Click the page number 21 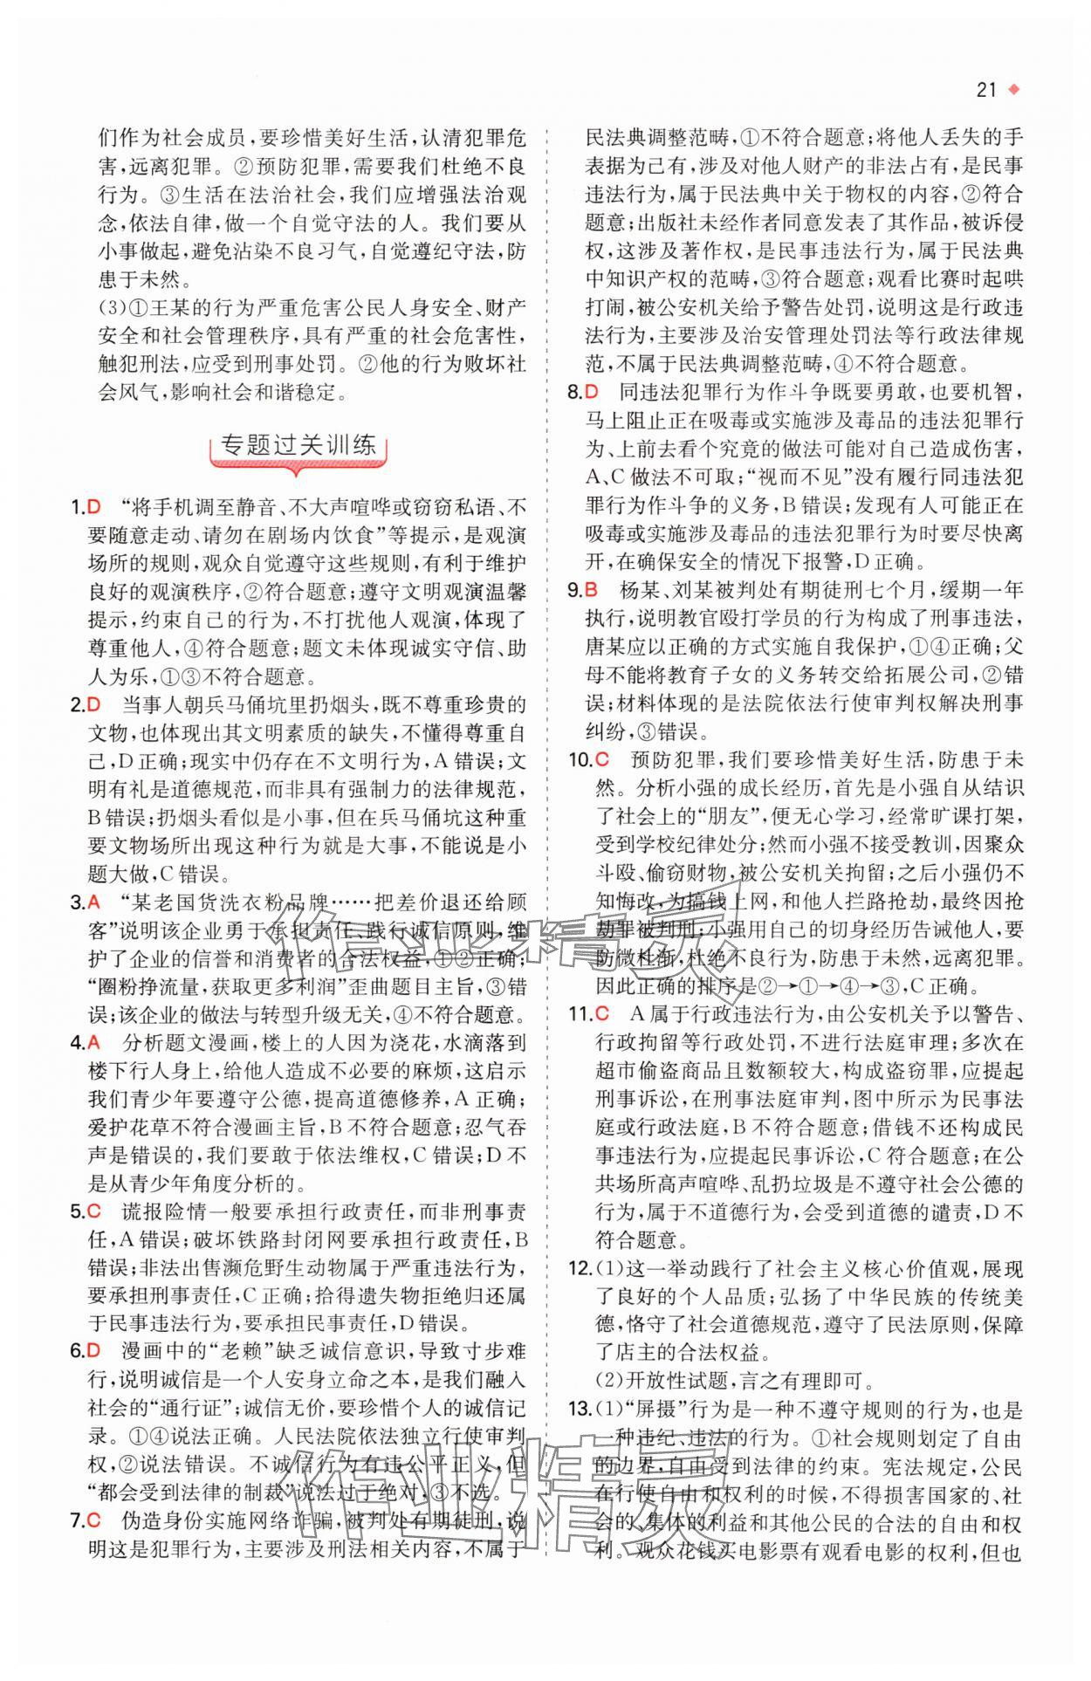click(x=986, y=90)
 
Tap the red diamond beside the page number click(x=1013, y=89)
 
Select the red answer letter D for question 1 click(x=96, y=507)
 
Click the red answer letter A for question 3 click(x=94, y=902)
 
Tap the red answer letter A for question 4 click(x=94, y=1044)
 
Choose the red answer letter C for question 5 click(x=94, y=1212)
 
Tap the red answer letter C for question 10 click(x=601, y=759)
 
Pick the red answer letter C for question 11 click(x=601, y=1014)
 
